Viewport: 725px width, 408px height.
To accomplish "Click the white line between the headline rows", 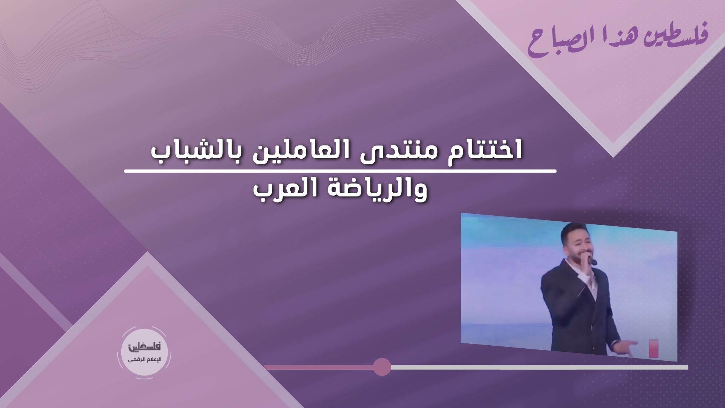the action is click(340, 172).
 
